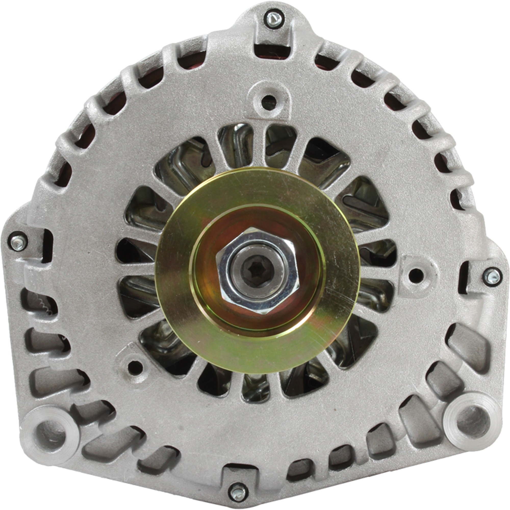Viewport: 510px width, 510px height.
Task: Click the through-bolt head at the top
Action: click(x=273, y=18)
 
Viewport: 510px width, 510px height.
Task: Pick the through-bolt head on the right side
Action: click(x=492, y=276)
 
